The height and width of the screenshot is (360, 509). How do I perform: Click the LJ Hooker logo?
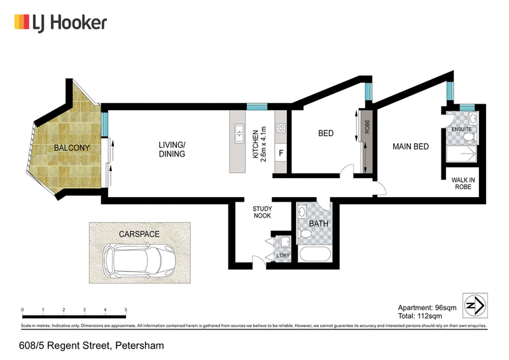pos(60,23)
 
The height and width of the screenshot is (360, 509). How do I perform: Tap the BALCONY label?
pos(72,148)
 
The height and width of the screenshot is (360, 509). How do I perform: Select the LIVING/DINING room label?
pos(172,149)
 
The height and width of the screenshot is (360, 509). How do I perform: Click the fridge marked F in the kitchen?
pos(281,153)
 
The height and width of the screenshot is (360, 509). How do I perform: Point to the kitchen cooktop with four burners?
pos(281,128)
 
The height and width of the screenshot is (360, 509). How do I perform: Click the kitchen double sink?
pos(239,134)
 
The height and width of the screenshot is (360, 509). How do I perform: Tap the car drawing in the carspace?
pos(139,260)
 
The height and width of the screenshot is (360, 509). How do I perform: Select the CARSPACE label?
pos(139,234)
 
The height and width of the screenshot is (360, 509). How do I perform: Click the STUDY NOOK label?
pos(262,212)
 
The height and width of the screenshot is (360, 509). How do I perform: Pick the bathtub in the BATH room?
pos(315,254)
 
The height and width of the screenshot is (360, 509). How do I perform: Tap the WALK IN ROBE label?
pos(463,183)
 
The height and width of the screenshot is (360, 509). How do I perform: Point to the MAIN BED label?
pos(410,147)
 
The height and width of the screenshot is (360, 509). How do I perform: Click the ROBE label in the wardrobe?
pos(368,127)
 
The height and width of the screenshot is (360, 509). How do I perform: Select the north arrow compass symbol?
pos(475,305)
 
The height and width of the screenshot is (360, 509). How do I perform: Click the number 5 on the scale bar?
pos(126,310)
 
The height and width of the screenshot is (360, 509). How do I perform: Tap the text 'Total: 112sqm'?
pos(420,316)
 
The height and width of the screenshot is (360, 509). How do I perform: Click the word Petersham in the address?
pos(139,345)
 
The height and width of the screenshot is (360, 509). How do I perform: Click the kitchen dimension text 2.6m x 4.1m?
pos(263,144)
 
